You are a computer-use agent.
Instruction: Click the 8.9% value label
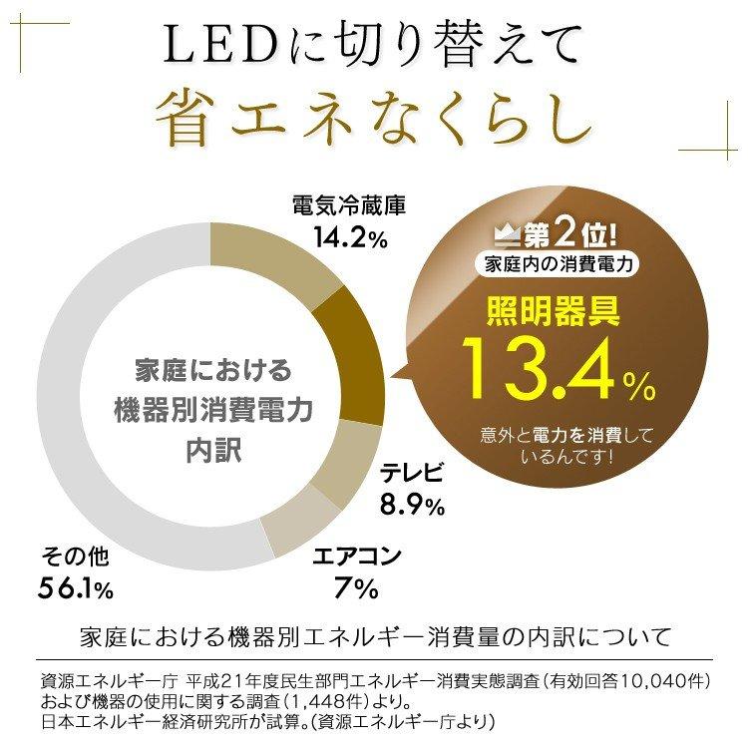(x=411, y=506)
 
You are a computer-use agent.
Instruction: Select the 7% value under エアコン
(x=356, y=587)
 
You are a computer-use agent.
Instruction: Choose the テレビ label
(x=412, y=474)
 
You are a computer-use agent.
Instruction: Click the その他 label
(x=75, y=556)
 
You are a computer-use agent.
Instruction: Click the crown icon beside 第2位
(x=510, y=238)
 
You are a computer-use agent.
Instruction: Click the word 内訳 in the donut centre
(x=213, y=449)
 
